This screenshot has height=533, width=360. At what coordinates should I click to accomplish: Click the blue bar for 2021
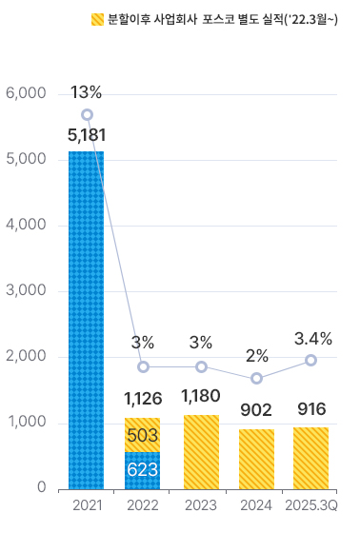click(x=86, y=320)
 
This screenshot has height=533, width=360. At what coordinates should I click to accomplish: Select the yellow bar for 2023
click(x=201, y=452)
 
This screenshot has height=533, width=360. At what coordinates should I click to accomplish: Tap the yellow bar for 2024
click(x=256, y=459)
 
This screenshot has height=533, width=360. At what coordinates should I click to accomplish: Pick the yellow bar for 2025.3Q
click(x=311, y=458)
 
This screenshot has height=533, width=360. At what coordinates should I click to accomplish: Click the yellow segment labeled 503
click(x=143, y=435)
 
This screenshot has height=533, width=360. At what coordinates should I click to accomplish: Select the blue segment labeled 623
click(x=143, y=470)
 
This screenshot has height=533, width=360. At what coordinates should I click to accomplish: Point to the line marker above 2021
click(x=87, y=114)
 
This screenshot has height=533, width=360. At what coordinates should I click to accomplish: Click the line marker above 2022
click(x=143, y=366)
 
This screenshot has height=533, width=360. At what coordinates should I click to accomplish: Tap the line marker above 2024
click(x=256, y=378)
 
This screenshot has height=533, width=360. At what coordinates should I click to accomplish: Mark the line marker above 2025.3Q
click(x=311, y=360)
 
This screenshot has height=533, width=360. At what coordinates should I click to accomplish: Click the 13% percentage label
click(x=87, y=92)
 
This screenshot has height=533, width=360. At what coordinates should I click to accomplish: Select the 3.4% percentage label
click(x=313, y=338)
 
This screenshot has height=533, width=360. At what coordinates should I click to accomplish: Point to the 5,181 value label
click(x=87, y=135)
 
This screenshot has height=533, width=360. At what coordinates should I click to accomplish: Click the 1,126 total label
click(x=143, y=398)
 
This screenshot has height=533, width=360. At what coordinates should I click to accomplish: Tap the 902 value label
click(x=256, y=409)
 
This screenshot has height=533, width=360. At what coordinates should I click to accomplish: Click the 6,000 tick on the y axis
click(x=26, y=93)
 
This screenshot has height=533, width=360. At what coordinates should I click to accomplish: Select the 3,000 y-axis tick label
click(x=26, y=291)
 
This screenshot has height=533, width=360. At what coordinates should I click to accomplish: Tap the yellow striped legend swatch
click(x=97, y=19)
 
